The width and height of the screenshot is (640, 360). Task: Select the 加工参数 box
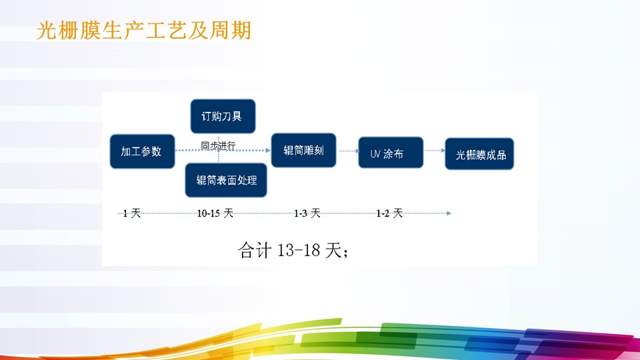tap(141, 151)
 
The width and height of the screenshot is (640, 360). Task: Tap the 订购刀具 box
tap(222, 116)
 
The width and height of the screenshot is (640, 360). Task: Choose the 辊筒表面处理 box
tap(226, 180)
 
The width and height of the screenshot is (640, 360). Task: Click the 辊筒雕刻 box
tap(303, 150)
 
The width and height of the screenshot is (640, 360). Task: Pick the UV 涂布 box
tap(390, 155)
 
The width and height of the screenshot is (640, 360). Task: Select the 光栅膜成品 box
tap(479, 155)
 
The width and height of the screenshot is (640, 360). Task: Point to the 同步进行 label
tap(218, 146)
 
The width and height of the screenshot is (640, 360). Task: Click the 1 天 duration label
tap(132, 213)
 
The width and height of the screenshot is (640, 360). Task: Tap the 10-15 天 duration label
tap(215, 213)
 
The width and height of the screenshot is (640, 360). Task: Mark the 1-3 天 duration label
tap(307, 213)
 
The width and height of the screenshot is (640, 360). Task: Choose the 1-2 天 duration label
tap(389, 213)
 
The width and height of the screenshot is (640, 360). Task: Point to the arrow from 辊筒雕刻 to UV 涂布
tap(347, 151)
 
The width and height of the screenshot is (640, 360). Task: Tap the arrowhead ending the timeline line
tap(449, 213)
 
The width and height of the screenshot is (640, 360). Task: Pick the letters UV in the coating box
tap(375, 155)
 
